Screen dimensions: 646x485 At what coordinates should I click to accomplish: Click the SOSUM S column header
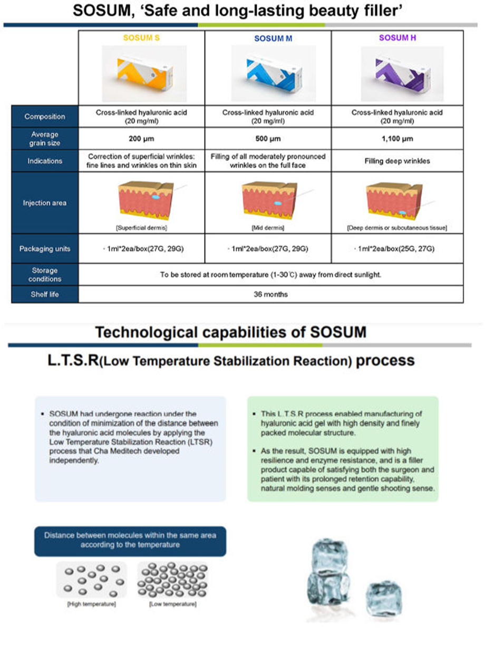141,38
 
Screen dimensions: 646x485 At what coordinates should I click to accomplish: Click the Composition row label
45,116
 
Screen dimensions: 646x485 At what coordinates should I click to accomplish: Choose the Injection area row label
45,203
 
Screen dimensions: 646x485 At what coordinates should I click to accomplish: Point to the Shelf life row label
45,294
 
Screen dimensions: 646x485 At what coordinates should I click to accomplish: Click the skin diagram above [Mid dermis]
268,200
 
